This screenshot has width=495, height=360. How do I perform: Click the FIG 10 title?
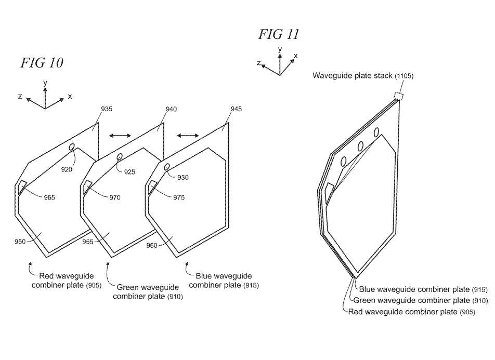pyautogui.click(x=42, y=62)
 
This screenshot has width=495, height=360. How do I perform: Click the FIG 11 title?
pyautogui.click(x=279, y=34)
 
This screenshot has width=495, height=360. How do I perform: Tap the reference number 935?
pyautogui.click(x=107, y=109)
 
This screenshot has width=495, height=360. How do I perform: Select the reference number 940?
pyautogui.click(x=171, y=109)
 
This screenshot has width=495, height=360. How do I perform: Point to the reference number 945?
pyautogui.click(x=236, y=109)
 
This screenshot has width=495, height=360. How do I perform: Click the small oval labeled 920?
pyautogui.click(x=72, y=146)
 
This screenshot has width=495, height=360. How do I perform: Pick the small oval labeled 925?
pyautogui.click(x=120, y=157)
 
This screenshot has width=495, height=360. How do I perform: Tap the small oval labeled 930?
pyautogui.click(x=167, y=167)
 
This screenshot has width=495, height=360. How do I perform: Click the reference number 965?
pyautogui.click(x=49, y=197)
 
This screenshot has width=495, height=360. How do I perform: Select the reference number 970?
pyautogui.click(x=115, y=197)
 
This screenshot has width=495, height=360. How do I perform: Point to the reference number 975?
pyautogui.click(x=179, y=197)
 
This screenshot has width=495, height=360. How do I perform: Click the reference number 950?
pyautogui.click(x=20, y=242)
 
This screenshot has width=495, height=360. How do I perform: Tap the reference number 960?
pyautogui.click(x=152, y=245)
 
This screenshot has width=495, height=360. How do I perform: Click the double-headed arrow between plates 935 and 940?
pyautogui.click(x=120, y=136)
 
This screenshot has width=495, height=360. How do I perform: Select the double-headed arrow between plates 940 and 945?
pyautogui.click(x=188, y=136)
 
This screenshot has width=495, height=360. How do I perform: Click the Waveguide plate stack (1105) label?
pyautogui.click(x=363, y=76)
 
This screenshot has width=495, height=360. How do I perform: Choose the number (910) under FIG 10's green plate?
pyautogui.click(x=175, y=297)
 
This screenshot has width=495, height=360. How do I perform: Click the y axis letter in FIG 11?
pyautogui.click(x=280, y=49)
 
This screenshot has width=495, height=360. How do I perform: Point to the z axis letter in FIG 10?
pyautogui.click(x=20, y=96)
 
